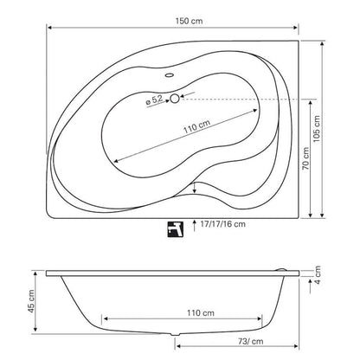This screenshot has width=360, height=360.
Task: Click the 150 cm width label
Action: pos(189,21)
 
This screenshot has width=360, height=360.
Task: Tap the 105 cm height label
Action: pos(317,129)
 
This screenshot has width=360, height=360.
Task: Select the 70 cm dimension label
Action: pos(305,158)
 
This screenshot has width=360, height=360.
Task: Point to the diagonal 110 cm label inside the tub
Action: pos(197,126)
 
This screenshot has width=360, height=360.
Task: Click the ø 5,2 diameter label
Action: pos(154,100)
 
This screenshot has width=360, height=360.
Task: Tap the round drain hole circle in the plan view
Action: pos(175,99)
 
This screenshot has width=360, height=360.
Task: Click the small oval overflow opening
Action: pos(169,75)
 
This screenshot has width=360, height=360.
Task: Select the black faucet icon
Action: pos(176,229)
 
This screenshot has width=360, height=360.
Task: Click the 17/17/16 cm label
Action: pos(223,224)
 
